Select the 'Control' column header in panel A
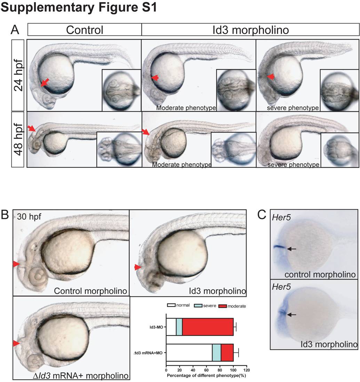click(x=85, y=30)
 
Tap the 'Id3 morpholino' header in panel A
click(x=250, y=30)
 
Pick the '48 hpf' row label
click(x=18, y=139)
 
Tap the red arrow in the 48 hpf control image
click(x=32, y=128)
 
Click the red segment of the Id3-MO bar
click(x=208, y=327)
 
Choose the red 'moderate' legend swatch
click(x=222, y=305)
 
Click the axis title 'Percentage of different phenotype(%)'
click(x=207, y=376)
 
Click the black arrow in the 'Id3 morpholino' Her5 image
click(x=291, y=314)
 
